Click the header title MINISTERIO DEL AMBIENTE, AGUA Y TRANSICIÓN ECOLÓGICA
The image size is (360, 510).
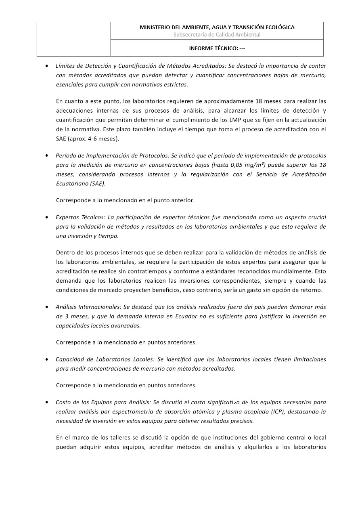coord(217,27)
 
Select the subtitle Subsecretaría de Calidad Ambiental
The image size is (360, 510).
coord(217,35)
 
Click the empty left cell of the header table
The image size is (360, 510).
coord(74,39)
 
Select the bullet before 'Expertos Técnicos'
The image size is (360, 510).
coord(48,217)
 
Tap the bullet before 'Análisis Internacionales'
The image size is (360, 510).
coord(48,307)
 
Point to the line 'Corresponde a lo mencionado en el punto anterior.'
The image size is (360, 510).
coord(125,200)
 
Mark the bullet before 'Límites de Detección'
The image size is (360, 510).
coord(48,65)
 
